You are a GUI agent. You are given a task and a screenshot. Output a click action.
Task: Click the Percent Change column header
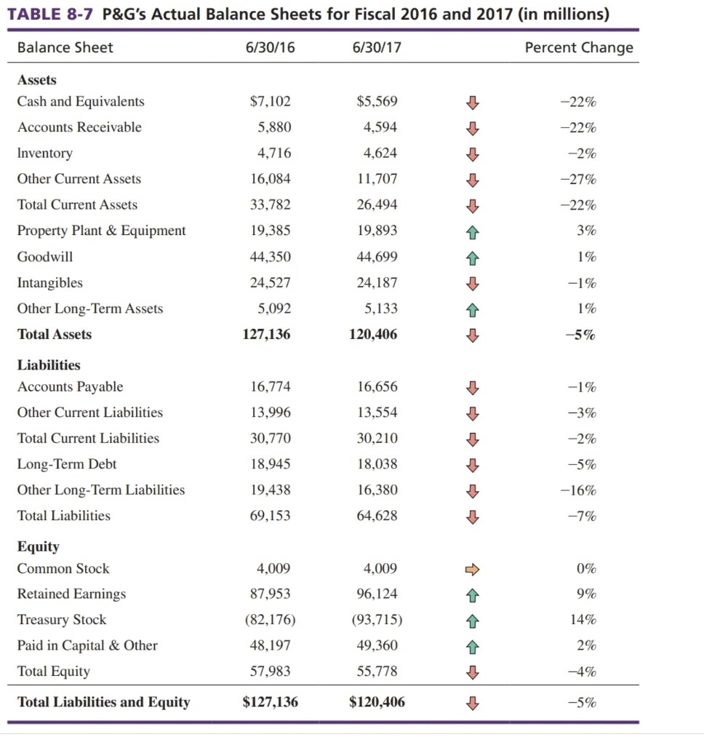pos(578,48)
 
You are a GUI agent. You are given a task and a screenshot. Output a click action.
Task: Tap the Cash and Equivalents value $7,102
pos(271,102)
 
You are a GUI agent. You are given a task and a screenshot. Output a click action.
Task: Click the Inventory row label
pos(45,154)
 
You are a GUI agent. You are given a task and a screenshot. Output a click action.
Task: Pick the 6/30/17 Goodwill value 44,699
pos(377,257)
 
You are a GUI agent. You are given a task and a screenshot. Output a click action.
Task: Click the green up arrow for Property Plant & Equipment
pos(473,231)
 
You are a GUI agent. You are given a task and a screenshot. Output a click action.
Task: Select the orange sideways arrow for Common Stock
pos(473,569)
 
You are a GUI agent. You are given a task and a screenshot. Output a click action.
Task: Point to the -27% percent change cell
pos(578,179)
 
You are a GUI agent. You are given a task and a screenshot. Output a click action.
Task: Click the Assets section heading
pos(37,80)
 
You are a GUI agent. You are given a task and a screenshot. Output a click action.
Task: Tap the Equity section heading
pos(39,546)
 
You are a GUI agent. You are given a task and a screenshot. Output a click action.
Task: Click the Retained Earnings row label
pos(71,594)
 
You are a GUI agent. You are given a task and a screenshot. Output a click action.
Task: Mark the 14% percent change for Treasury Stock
pos(585,620)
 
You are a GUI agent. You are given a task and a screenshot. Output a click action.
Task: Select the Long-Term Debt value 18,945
pos(271,464)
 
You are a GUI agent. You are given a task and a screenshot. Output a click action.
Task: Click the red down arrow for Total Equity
pos(473,672)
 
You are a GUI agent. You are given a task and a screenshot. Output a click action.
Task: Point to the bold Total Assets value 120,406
pos(374,335)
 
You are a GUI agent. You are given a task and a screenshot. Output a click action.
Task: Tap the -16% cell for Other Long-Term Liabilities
pos(578,490)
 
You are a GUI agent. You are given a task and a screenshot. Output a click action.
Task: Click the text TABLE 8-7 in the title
pos(49,15)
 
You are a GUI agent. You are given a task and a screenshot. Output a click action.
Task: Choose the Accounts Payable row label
pos(70,387)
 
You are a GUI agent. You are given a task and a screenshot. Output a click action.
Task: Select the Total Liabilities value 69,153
pos(271,516)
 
